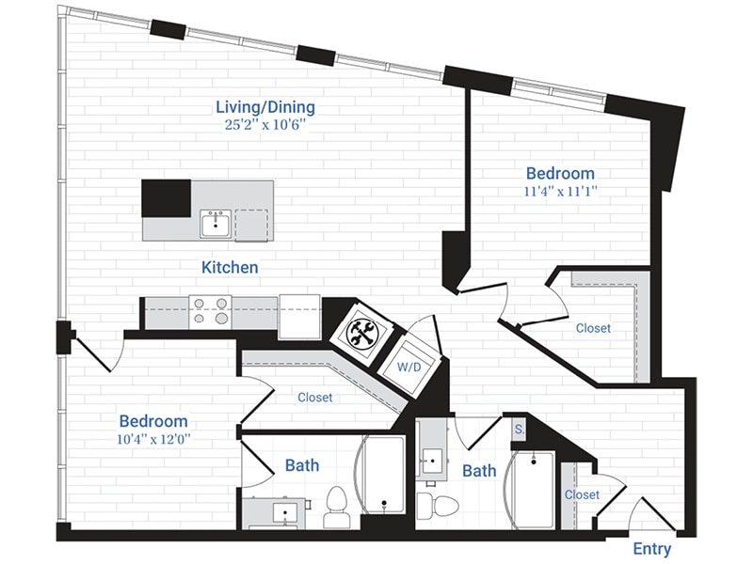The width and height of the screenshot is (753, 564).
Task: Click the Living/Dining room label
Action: (x=264, y=107)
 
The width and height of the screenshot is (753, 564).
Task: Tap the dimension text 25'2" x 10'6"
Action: (x=264, y=126)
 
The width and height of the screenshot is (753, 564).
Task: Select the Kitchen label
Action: (x=230, y=268)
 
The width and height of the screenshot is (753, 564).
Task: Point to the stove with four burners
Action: (x=210, y=311)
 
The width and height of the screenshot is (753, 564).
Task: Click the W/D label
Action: (x=409, y=366)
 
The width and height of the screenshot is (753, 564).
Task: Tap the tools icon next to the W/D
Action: (x=361, y=332)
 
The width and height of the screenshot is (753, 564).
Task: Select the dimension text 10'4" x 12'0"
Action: (x=152, y=440)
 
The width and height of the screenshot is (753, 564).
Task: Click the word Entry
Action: (x=651, y=548)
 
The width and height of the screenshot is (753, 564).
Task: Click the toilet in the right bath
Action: (x=436, y=504)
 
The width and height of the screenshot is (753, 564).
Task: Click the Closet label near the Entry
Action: (x=582, y=494)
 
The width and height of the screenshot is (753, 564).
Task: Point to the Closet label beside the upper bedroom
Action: (x=593, y=328)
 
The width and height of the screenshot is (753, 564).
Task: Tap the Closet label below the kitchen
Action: (x=314, y=398)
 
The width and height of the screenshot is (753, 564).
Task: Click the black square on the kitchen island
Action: (x=166, y=198)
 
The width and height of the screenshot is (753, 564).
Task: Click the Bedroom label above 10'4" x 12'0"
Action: (x=152, y=421)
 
